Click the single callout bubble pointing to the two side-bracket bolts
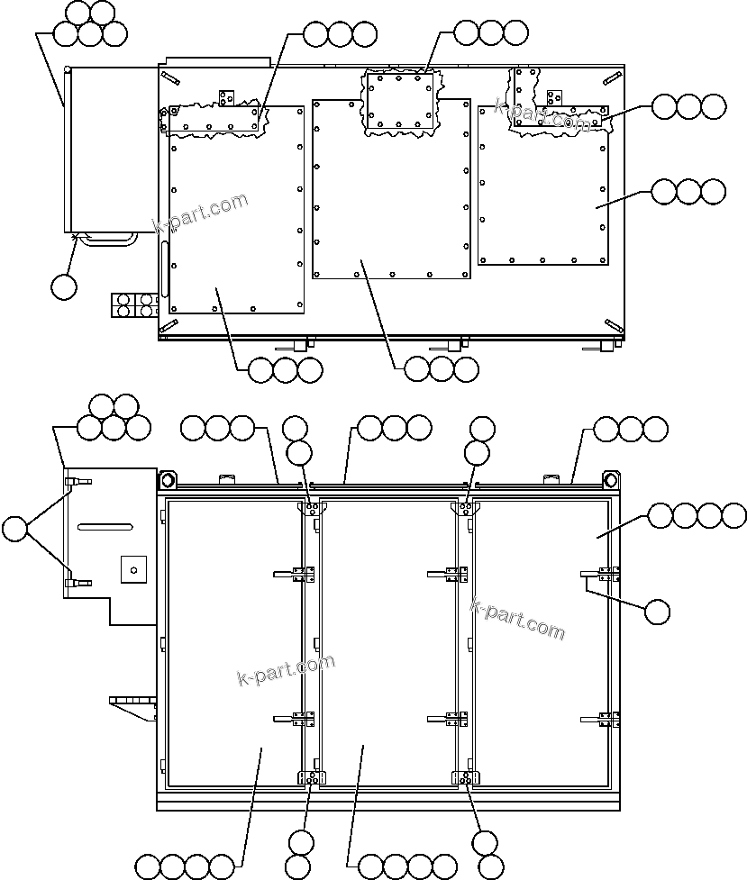pyautogui.click(x=15, y=529)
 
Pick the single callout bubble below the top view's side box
pyautogui.click(x=63, y=287)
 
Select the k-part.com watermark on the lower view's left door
pyautogui.click(x=285, y=669)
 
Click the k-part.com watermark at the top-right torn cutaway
pyautogui.click(x=542, y=117)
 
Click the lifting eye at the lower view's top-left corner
pyautogui.click(x=166, y=478)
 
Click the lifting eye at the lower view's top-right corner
pyautogui.click(x=611, y=478)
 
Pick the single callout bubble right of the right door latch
pyautogui.click(x=658, y=612)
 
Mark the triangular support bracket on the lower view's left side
pyautogui.click(x=132, y=706)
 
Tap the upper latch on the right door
pyautogui.click(x=601, y=574)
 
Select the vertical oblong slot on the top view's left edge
pyautogui.click(x=165, y=268)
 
